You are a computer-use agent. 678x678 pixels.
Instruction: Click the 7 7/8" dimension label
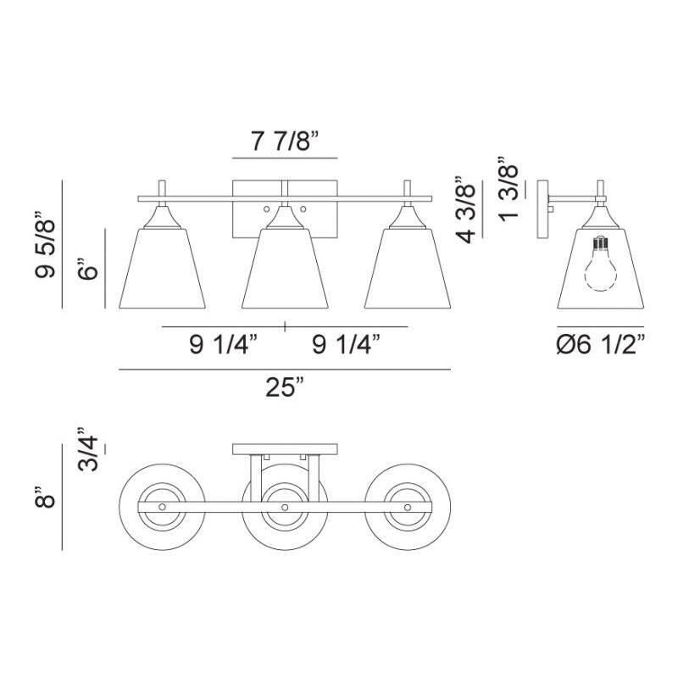coord(284,142)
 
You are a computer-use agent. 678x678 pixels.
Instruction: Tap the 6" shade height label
coord(91,270)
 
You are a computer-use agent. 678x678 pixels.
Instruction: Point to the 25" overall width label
coord(285,388)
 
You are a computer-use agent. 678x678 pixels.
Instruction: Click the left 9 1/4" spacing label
coord(222,344)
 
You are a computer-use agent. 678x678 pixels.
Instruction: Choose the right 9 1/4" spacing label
coord(346,344)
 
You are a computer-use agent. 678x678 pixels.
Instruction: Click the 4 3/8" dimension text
coord(468,209)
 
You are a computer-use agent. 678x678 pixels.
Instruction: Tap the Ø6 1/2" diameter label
coord(600,344)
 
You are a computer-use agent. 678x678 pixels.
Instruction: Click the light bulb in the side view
coord(600,264)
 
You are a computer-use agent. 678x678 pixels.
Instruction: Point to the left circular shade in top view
coord(162,506)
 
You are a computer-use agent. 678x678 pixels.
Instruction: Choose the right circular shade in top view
coord(408,506)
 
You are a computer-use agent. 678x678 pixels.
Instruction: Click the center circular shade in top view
coord(285,506)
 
